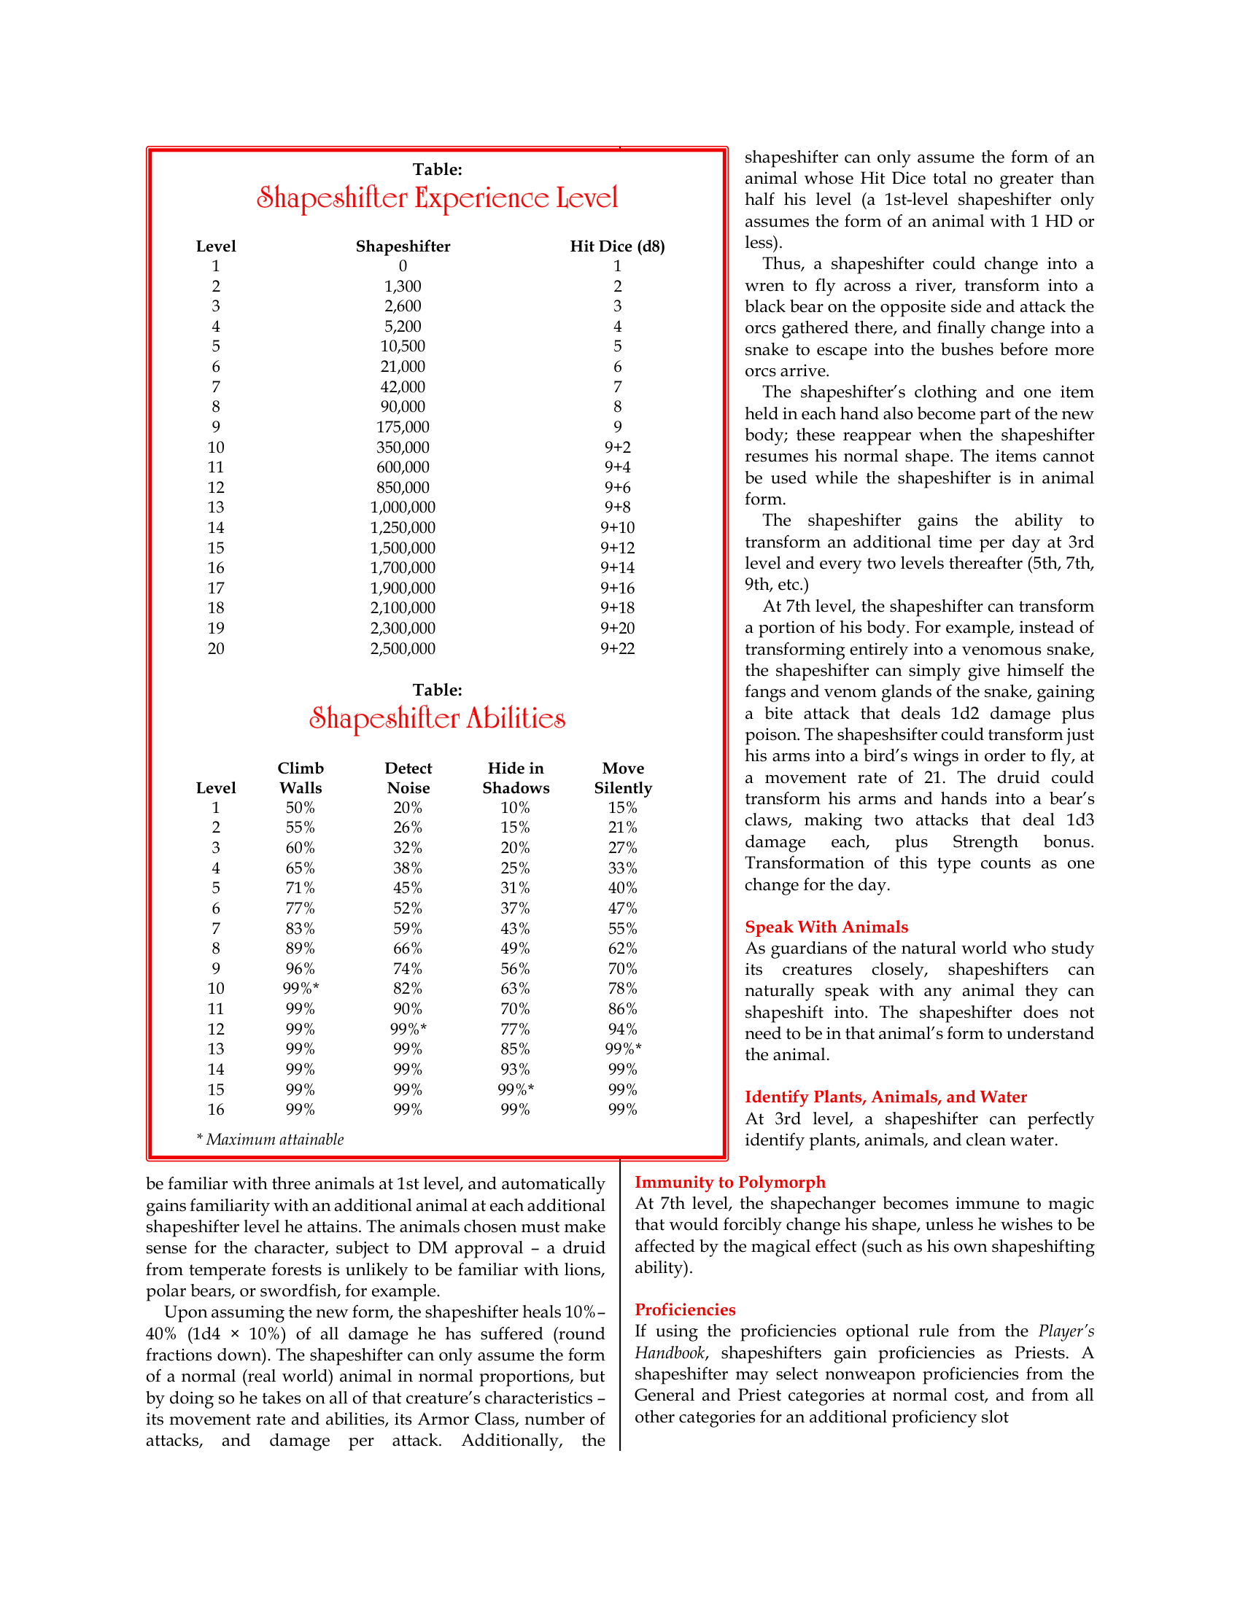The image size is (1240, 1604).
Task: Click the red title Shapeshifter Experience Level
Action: point(437,198)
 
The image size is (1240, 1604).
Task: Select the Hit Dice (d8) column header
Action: point(617,246)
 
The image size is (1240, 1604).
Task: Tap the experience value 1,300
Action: point(403,287)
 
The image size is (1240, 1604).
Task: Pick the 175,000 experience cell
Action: point(403,427)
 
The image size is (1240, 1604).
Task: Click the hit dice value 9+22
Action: point(617,648)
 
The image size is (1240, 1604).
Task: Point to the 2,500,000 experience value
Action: point(403,648)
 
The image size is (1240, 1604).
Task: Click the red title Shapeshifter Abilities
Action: point(437,718)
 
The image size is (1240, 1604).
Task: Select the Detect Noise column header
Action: point(408,778)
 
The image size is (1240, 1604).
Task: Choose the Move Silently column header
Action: point(623,778)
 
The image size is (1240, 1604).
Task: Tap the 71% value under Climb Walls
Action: point(300,888)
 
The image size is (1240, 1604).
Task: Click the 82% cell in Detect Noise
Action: point(408,989)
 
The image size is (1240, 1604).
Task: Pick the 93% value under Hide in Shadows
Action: point(515,1070)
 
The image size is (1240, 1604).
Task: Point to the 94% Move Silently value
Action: point(622,1029)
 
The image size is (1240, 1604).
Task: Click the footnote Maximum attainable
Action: point(271,1139)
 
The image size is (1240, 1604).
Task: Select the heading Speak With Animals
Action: point(826,927)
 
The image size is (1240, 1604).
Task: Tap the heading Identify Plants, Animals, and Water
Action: point(886,1097)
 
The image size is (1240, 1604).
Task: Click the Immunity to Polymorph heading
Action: point(730,1182)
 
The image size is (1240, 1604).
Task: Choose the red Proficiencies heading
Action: point(686,1309)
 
